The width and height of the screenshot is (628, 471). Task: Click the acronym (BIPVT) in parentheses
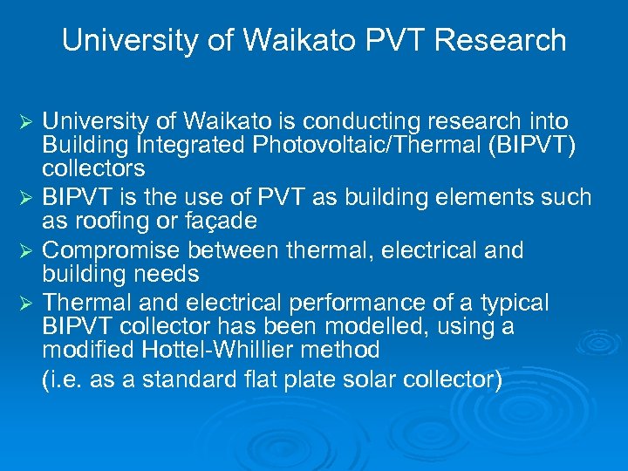(534, 144)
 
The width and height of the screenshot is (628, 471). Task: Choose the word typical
(515, 304)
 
